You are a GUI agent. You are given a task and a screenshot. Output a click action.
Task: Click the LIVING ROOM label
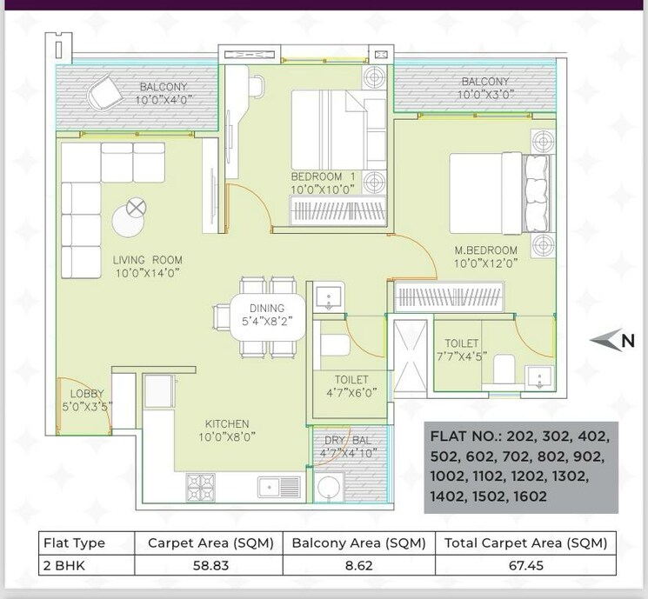147,259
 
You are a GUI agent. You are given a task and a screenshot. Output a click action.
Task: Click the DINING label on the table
268,309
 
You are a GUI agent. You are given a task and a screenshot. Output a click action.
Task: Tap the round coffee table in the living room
135,217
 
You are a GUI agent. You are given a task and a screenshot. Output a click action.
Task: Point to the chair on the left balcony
102,88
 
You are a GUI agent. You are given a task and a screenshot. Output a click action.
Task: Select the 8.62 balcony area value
357,564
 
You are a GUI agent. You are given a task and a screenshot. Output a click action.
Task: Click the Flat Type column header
74,542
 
